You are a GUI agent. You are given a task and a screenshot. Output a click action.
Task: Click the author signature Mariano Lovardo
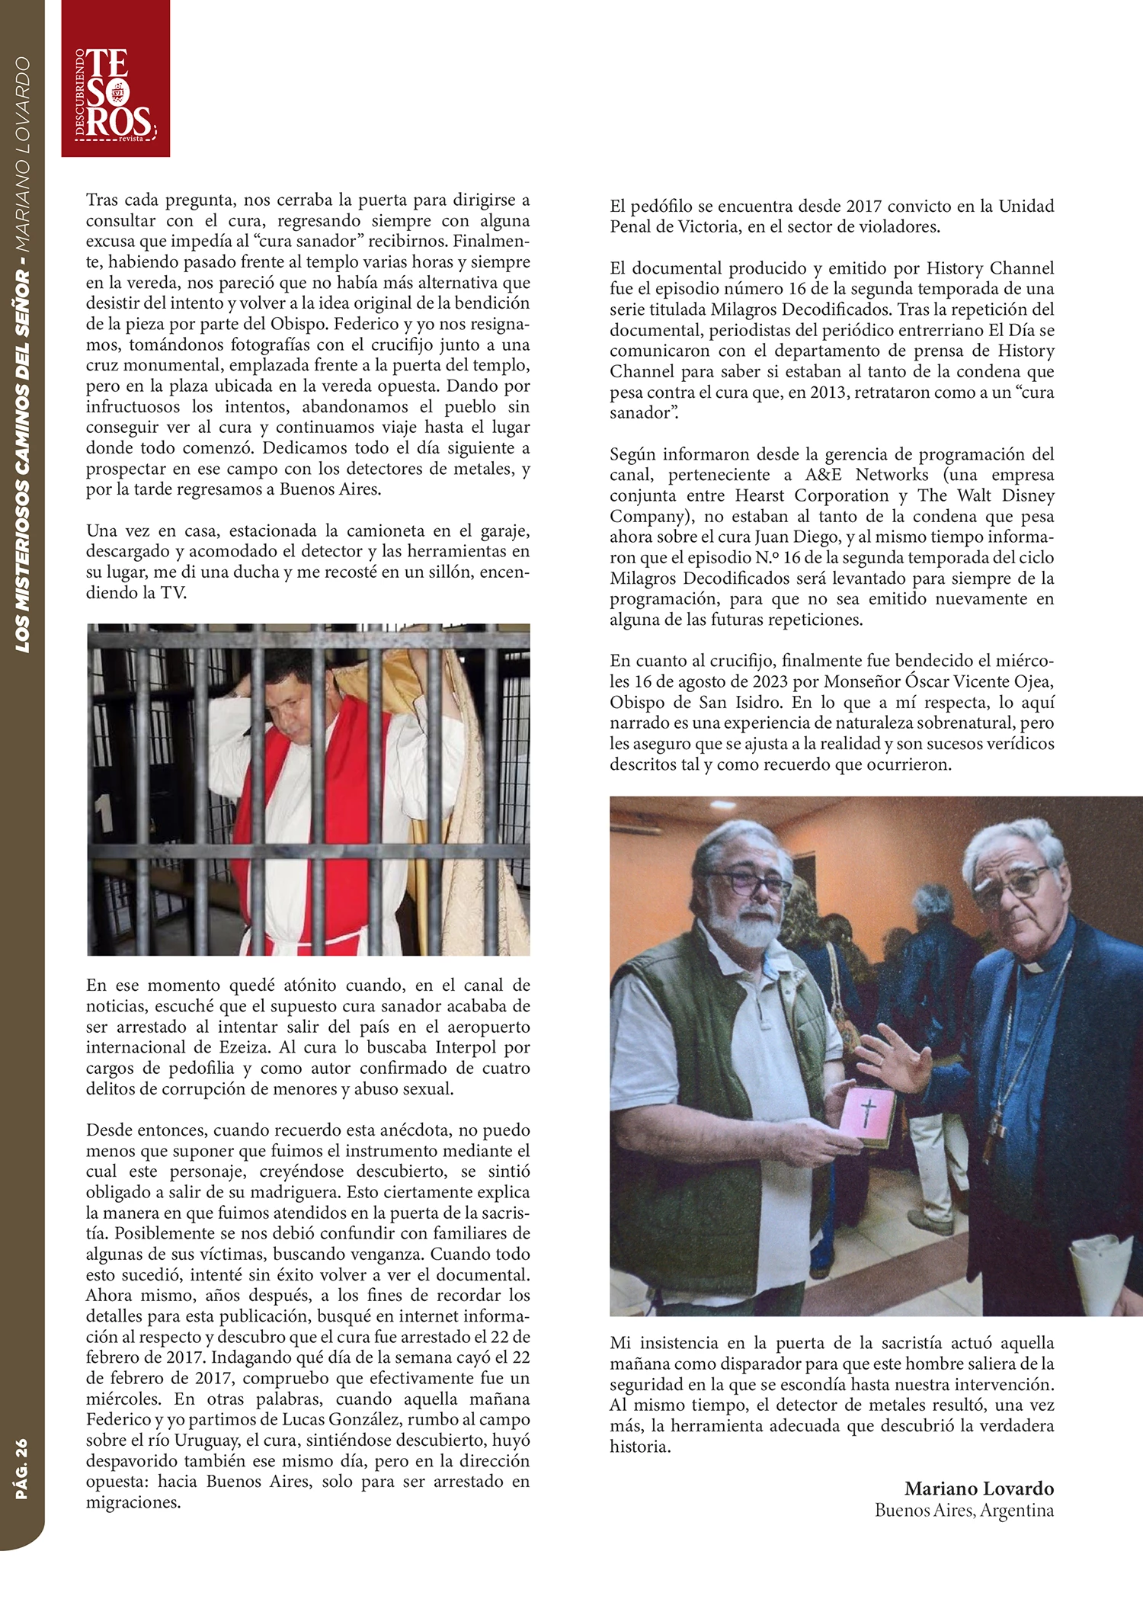(978, 1488)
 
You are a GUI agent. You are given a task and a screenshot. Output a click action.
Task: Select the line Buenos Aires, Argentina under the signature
(964, 1510)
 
